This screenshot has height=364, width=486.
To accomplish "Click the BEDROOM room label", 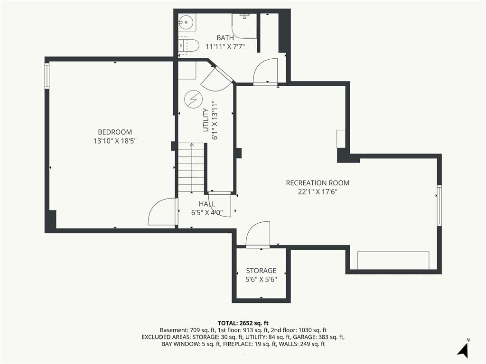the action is point(115,132).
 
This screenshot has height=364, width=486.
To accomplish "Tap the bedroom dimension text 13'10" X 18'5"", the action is point(115,141).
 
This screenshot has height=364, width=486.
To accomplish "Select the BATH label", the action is point(225,38).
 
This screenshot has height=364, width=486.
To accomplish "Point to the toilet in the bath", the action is point(189,45).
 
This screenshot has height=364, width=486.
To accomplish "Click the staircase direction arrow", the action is point(192,167).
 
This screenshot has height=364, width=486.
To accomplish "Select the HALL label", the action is point(207,204).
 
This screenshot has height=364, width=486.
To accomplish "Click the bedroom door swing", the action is point(162,212).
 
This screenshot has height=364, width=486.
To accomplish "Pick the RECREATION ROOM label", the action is point(318,183).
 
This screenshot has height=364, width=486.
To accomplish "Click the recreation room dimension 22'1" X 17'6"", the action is point(318,192).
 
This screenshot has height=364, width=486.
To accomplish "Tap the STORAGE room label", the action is point(262,271).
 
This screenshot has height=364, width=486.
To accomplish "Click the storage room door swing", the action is point(258,234).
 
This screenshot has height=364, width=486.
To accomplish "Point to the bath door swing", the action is point(265,72).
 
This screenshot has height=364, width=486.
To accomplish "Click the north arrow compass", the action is point(463,349).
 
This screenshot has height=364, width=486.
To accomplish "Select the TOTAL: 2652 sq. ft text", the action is point(243,324).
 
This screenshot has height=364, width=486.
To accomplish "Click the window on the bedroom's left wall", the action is point(47,76).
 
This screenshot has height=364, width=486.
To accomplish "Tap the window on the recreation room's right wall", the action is point(439,205).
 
